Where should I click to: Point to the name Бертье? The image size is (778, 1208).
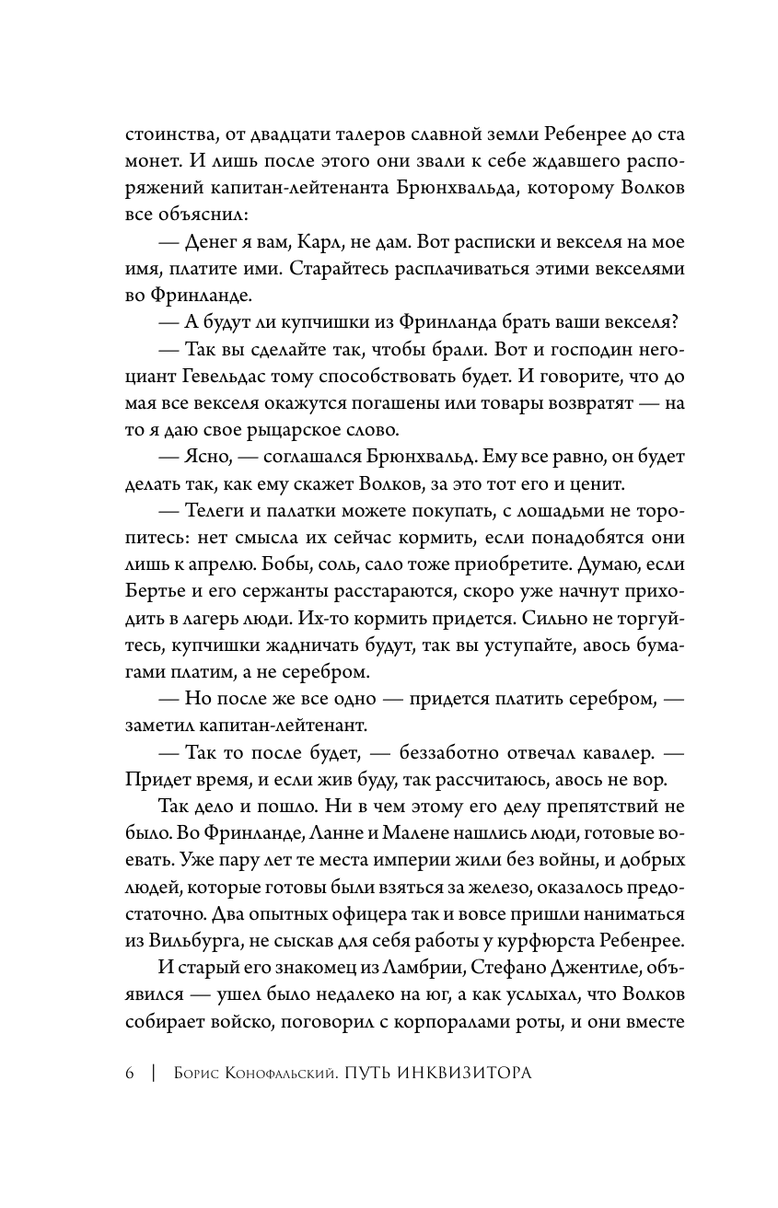pyautogui.click(x=152, y=587)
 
